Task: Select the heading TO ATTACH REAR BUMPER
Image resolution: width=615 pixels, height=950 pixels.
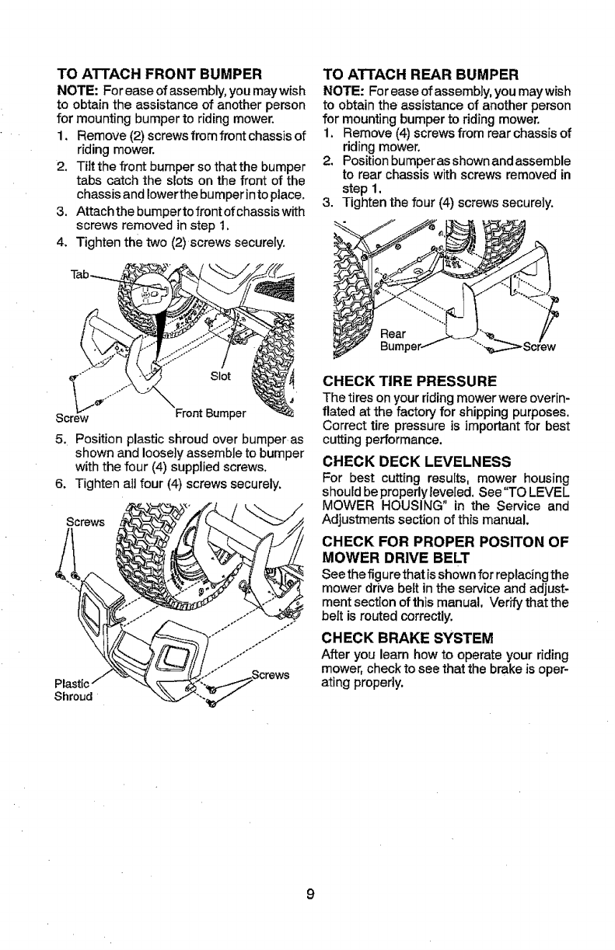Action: [x=421, y=75]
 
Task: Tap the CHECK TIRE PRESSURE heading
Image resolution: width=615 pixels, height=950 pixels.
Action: [x=410, y=382]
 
